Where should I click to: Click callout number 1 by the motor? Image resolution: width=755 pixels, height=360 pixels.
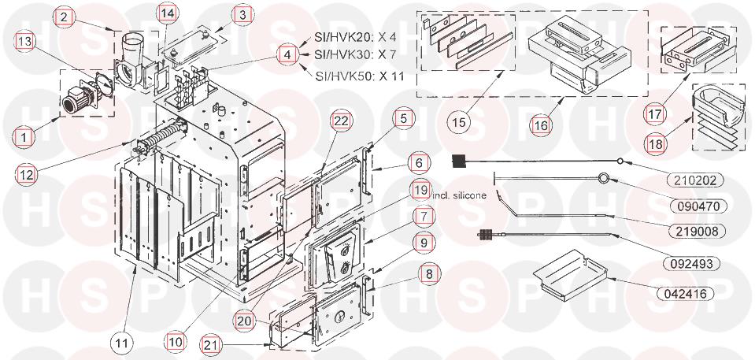24,136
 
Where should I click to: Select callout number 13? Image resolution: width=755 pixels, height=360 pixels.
24,42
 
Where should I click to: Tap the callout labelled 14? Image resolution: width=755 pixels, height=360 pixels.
166,13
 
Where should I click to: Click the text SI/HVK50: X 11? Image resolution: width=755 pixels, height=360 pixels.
359,76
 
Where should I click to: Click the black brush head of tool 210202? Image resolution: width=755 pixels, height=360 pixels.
461,162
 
